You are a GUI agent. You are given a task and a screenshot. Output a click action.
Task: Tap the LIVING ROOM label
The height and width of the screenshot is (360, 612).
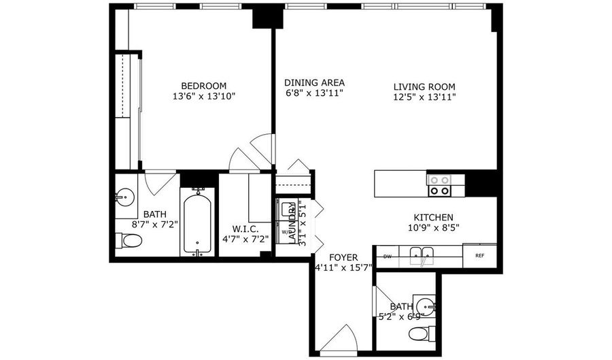click(424, 86)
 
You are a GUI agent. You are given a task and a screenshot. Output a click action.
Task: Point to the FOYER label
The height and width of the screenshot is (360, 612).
click(344, 257)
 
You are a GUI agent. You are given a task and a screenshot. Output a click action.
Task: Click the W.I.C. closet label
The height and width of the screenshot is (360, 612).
click(245, 229)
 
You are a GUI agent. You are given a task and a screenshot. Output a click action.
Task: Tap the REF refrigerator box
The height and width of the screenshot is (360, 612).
click(479, 256)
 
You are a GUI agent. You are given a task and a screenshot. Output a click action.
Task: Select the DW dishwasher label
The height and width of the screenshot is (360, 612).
click(387, 257)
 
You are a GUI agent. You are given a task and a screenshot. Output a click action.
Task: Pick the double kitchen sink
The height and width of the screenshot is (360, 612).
click(422, 257)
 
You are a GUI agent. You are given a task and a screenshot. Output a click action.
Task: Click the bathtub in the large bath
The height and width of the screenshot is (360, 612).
click(198, 221)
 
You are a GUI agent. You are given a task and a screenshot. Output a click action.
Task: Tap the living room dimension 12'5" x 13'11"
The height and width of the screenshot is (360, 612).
click(424, 97)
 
